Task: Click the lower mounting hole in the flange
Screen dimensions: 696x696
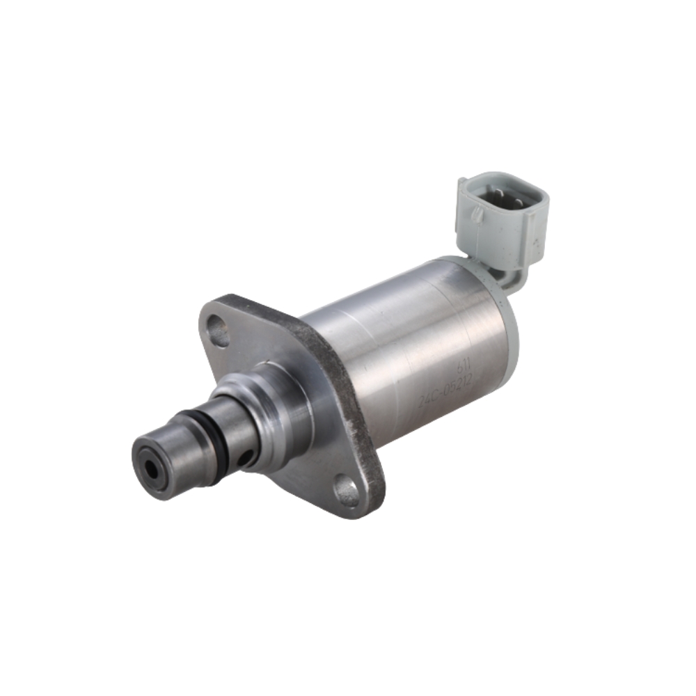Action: [347, 491]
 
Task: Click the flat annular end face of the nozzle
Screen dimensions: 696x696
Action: [143, 463]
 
